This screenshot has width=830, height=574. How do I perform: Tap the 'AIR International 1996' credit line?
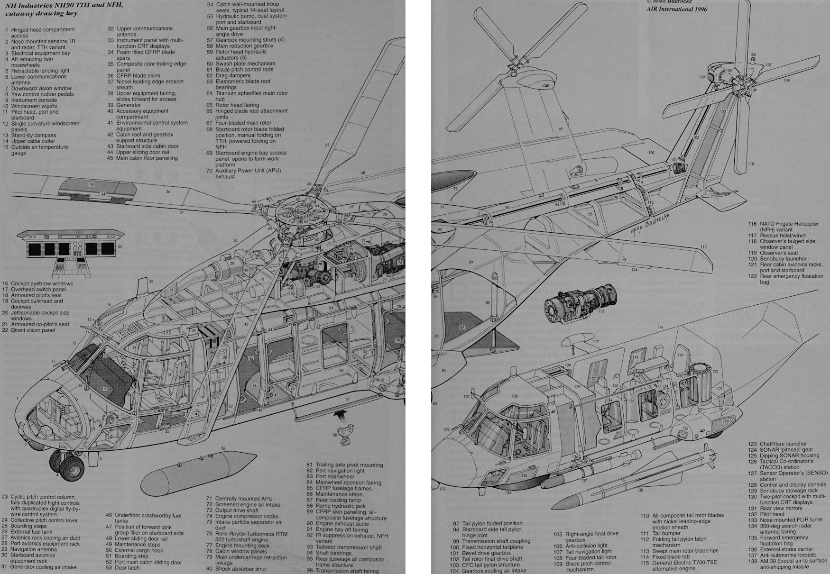pos(676,9)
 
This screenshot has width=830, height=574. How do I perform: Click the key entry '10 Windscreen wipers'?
pos(34,106)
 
